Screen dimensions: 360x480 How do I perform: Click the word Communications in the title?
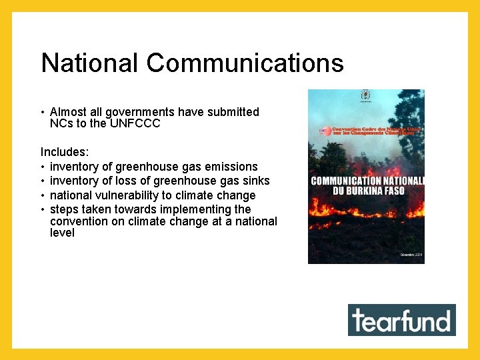coord(245,63)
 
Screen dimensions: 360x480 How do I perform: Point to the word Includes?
coord(65,152)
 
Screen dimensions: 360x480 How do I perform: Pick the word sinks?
coord(256,181)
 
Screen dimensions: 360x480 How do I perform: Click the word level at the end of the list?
coord(62,233)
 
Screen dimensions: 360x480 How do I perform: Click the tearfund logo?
coord(402,320)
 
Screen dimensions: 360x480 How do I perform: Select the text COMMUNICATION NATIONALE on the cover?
coord(367,181)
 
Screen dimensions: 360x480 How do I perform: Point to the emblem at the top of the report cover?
coord(365,95)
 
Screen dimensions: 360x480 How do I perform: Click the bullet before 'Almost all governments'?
coord(43,112)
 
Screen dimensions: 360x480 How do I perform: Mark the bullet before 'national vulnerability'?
coord(43,195)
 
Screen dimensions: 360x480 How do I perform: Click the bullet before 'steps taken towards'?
coord(43,209)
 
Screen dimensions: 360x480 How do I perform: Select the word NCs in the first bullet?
coord(60,123)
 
